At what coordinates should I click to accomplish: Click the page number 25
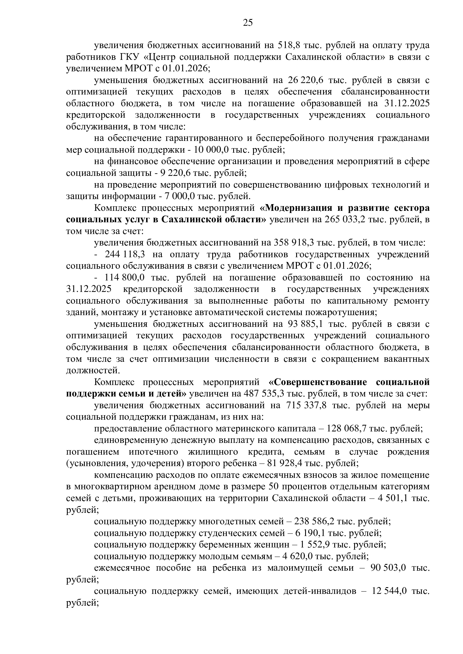248,22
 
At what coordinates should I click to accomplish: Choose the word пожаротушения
340,313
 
